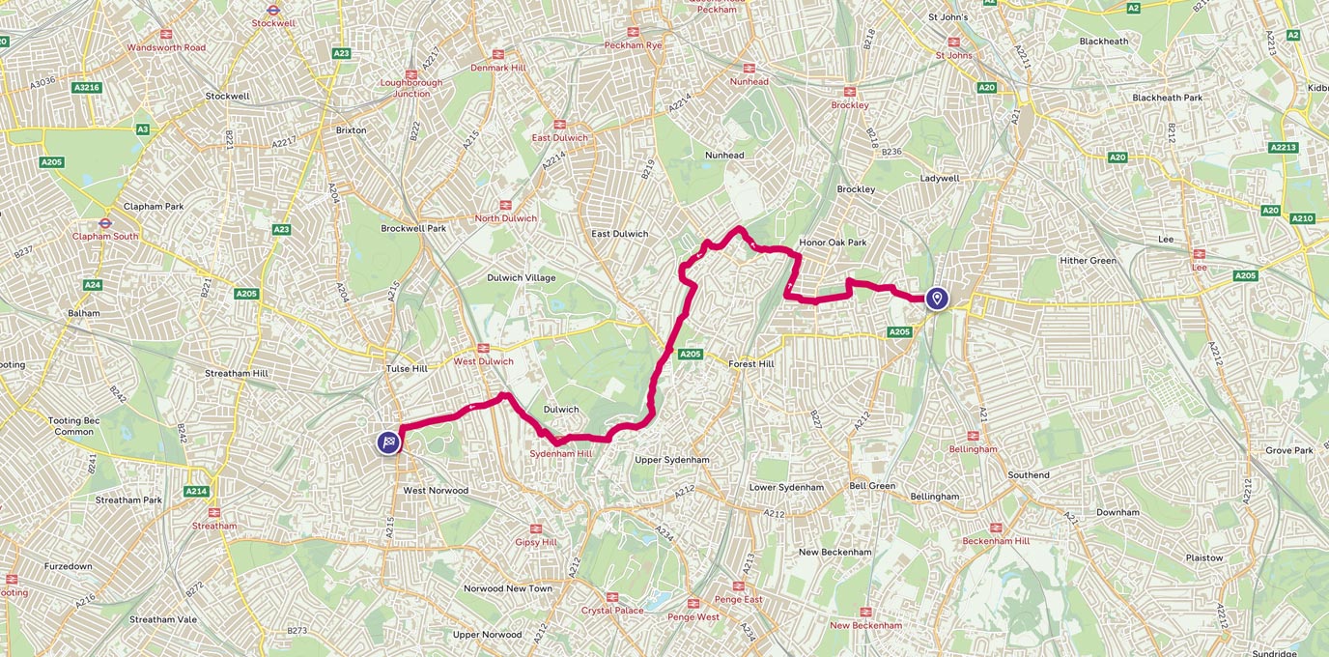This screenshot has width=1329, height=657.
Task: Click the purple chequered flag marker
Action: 388,443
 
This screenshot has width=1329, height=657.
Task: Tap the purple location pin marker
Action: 936,299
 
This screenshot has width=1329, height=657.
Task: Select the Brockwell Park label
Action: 413,229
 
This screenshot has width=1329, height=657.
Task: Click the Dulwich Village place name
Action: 522,278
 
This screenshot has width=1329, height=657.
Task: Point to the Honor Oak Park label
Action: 833,243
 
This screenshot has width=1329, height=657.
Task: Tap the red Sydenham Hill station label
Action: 559,453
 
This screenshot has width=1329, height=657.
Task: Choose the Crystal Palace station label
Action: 612,611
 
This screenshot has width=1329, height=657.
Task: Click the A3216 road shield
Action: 87,88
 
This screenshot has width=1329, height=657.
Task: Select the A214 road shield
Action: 196,491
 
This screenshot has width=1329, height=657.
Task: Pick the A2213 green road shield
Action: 1283,147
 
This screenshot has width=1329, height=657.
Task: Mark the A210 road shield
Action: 1302,218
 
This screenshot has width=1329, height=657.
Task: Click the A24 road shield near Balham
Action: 93,285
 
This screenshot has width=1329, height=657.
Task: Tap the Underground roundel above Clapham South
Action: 105,223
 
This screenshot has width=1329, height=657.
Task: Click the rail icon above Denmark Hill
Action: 498,55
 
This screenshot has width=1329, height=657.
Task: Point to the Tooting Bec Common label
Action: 73,426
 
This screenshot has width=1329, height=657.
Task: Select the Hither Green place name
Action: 1088,261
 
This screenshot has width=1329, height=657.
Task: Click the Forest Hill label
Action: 751,364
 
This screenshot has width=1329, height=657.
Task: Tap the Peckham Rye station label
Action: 633,45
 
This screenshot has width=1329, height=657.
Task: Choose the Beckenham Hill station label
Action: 996,541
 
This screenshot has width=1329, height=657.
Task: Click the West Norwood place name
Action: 436,491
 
